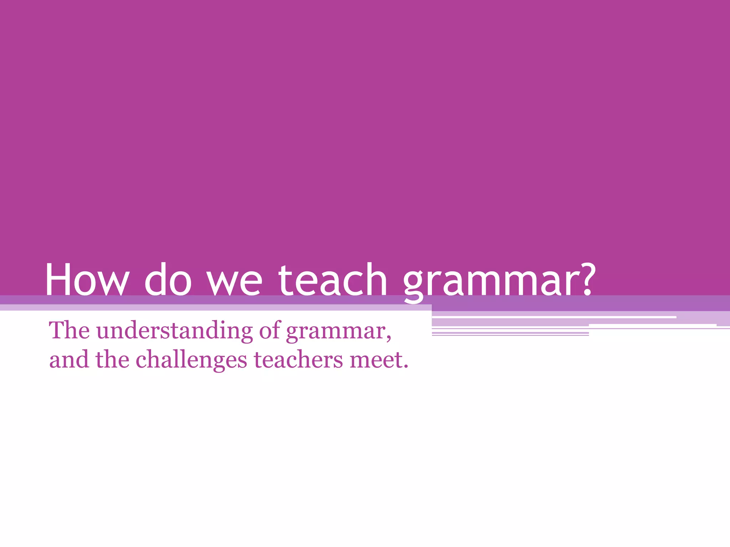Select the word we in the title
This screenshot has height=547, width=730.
(x=235, y=283)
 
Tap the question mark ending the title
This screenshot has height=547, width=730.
(x=585, y=279)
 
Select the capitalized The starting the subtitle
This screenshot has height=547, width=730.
(x=70, y=330)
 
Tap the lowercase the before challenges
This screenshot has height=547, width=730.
(x=112, y=360)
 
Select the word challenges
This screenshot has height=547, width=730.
(x=191, y=360)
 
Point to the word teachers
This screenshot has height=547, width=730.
(x=298, y=360)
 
